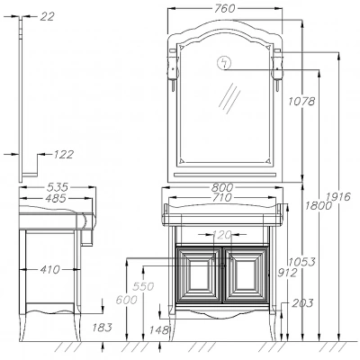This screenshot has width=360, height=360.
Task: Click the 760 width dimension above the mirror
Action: (225, 9)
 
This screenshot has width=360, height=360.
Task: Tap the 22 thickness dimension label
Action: (48, 16)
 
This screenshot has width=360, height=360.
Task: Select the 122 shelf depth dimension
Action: (63, 154)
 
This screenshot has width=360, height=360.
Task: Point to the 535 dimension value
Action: (58, 187)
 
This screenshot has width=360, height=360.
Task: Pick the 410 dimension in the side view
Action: (49, 270)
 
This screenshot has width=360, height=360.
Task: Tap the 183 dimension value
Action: (103, 328)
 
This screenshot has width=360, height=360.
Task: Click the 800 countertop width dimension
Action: (222, 188)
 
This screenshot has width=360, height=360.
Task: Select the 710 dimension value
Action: (222, 198)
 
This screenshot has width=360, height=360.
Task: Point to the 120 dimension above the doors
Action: (222, 234)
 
